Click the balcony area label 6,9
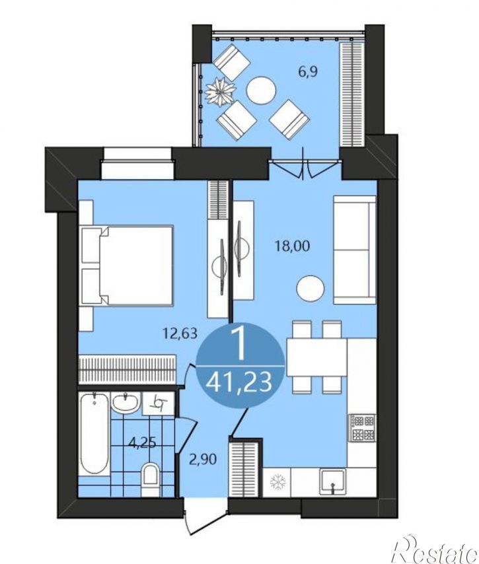click(308, 72)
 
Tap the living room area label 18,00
click(292, 246)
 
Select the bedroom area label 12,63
click(180, 334)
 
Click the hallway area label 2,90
click(203, 460)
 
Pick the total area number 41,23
click(239, 382)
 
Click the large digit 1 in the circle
click(239, 345)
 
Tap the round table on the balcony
click(261, 91)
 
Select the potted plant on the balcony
click(219, 92)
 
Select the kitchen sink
click(332, 483)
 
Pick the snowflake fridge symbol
click(277, 482)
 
